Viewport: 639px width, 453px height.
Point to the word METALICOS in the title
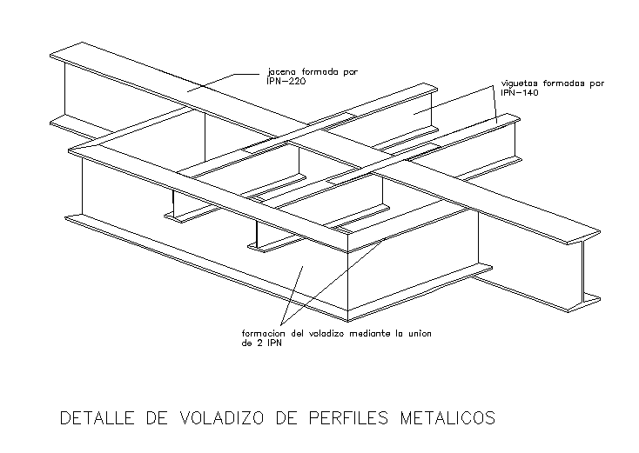coord(447,418)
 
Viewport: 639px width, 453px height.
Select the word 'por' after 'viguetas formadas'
coord(595,84)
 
